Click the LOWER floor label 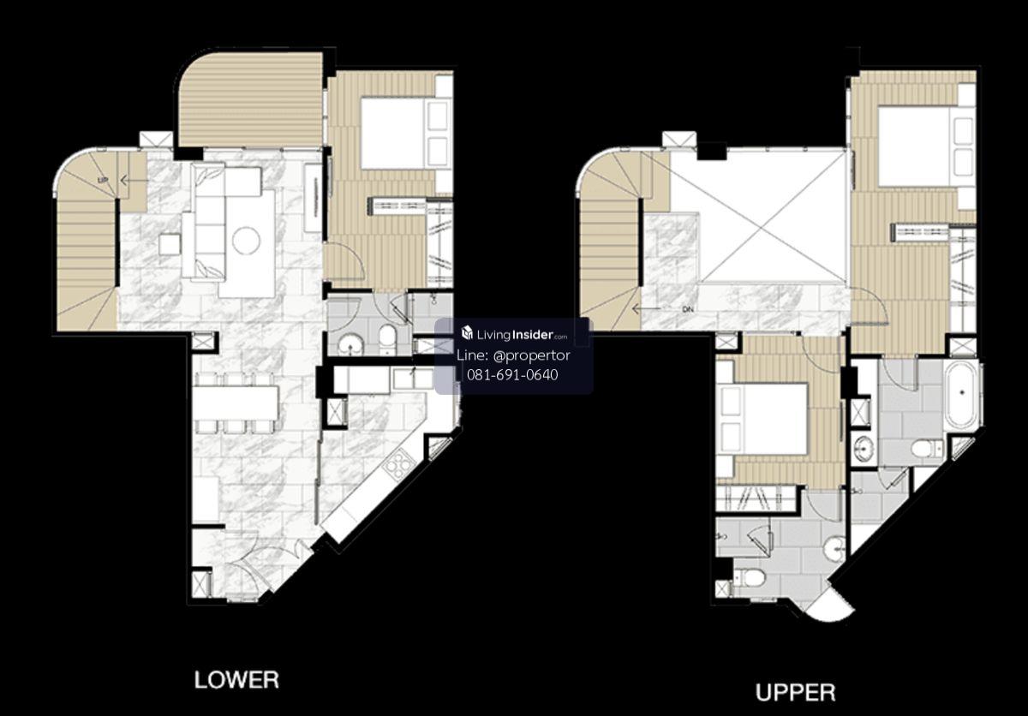point(236,679)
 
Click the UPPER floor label point(795,692)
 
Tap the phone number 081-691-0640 point(512,375)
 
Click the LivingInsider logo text point(514,334)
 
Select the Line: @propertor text point(513,355)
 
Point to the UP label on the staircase point(103,180)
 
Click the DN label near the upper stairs point(687,309)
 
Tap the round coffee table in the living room point(247,241)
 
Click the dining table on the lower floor point(236,403)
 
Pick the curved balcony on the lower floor point(250,100)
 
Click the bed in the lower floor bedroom point(403,133)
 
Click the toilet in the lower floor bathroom point(388,339)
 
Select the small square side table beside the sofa point(170,244)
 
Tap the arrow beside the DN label point(646,309)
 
